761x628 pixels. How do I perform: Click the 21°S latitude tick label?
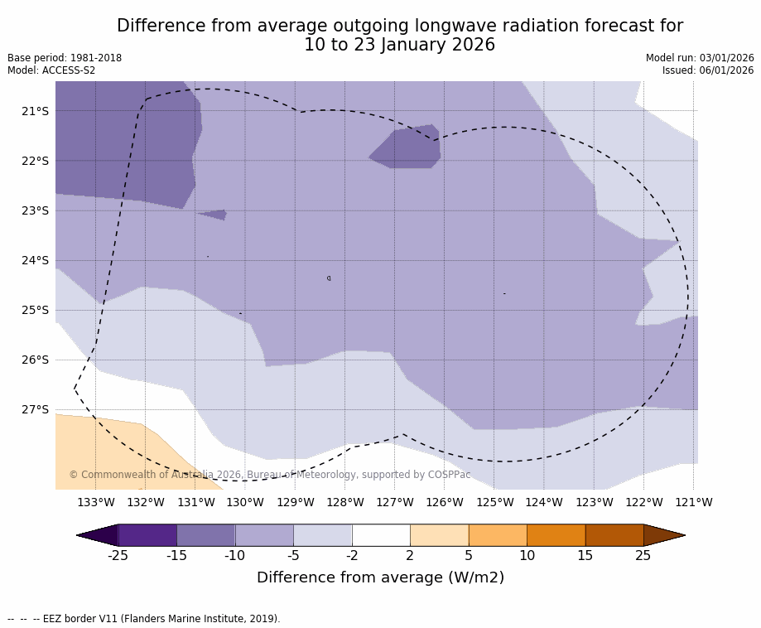point(35,111)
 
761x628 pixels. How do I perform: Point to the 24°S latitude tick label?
point(35,260)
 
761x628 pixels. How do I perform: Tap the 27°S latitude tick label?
point(35,409)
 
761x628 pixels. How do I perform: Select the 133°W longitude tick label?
point(95,502)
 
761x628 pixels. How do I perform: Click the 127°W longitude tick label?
point(394,502)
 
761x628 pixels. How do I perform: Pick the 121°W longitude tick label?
point(693,502)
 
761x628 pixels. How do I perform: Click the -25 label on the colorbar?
point(118,555)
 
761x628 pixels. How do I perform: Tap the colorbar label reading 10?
point(527,555)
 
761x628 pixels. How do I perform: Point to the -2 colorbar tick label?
point(352,555)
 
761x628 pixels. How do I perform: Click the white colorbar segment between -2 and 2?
point(381,535)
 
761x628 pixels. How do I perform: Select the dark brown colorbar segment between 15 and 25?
point(614,535)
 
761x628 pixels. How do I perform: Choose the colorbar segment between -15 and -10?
point(205,535)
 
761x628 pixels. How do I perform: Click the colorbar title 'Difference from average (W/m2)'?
point(380,577)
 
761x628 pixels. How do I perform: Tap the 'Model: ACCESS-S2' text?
point(51,70)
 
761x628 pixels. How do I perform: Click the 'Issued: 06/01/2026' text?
point(708,70)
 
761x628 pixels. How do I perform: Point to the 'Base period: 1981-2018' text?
point(65,58)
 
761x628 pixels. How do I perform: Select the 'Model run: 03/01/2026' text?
point(700,58)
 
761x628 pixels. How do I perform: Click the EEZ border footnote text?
point(144,619)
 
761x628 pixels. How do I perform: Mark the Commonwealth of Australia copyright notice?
point(269,475)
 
